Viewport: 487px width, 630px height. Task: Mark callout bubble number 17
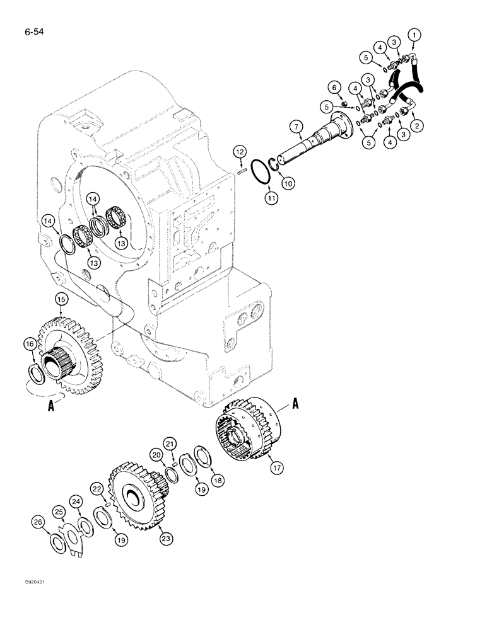click(274, 468)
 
